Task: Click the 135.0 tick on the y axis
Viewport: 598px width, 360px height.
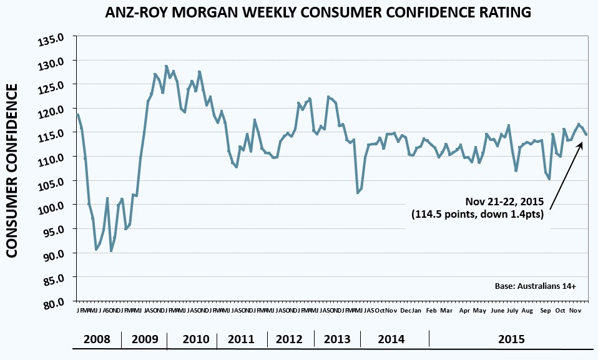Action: point(52,41)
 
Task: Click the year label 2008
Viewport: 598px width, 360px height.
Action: point(97,339)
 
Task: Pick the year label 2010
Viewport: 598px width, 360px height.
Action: point(196,339)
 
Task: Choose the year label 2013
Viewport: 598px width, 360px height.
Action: point(337,339)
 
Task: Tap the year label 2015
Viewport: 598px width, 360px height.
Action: point(511,339)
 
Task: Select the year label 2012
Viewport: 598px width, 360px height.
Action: point(289,339)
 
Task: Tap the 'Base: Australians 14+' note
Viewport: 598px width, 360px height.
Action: point(534,286)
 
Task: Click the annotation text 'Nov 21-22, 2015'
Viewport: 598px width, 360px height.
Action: point(504,202)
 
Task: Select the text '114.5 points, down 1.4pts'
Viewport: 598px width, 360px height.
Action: point(478,215)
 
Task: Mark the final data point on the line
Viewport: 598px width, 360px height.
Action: point(586,134)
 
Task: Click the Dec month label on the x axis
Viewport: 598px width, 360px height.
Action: point(406,310)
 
